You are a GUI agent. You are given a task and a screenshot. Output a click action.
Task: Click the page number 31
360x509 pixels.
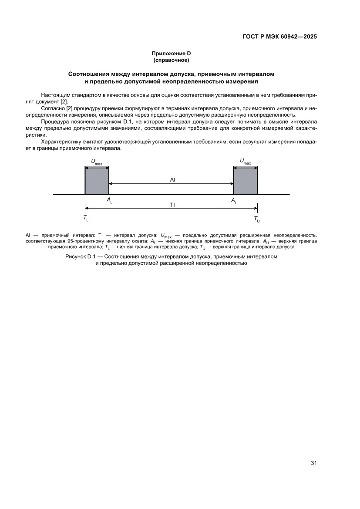point(313,462)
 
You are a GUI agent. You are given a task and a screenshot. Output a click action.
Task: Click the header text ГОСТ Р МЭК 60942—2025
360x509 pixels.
point(279,37)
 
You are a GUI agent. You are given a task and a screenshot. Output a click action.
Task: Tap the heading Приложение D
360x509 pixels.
point(171,53)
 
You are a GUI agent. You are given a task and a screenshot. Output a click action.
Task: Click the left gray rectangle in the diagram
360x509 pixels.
point(97,181)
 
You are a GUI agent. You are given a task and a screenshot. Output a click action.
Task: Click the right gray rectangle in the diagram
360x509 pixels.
point(245,181)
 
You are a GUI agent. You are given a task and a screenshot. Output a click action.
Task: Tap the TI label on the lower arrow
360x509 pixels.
point(172,205)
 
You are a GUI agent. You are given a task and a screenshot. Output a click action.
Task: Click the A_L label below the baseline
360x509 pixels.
point(109,201)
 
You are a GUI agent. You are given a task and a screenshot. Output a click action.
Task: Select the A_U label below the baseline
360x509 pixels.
point(234,201)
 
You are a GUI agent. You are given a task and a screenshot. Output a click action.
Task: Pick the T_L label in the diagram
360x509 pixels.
point(86,218)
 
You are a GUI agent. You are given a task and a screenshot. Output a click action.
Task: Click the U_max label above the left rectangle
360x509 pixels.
point(96,162)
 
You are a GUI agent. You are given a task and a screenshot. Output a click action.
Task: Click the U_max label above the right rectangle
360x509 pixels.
point(245,162)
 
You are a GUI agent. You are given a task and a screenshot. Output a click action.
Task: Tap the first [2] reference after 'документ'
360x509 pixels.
point(64,101)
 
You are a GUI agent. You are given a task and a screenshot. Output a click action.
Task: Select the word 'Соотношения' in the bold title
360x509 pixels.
point(90,74)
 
